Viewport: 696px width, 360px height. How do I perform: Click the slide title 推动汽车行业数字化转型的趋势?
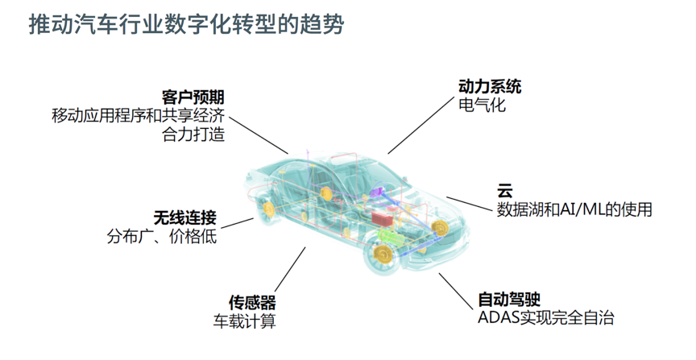click(186, 24)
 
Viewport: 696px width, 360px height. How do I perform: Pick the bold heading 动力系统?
click(490, 85)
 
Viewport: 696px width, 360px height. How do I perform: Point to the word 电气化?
click(482, 105)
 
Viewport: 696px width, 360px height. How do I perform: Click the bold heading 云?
click(504, 191)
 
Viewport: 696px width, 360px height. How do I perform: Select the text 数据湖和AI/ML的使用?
click(574, 209)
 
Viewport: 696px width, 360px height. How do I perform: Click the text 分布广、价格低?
click(162, 237)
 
